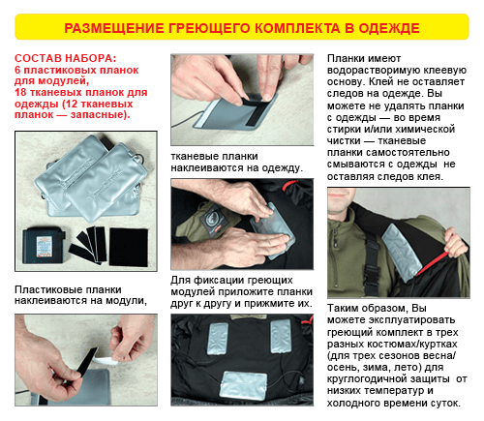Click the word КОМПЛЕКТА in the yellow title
(297, 28)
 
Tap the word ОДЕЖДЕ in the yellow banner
(389, 28)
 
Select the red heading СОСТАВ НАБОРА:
(65, 58)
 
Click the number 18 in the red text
(20, 93)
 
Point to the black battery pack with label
(43, 245)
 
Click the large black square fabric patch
(129, 247)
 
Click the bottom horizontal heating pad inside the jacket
(243, 385)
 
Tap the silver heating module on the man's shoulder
(402, 252)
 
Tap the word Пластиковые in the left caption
(48, 289)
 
